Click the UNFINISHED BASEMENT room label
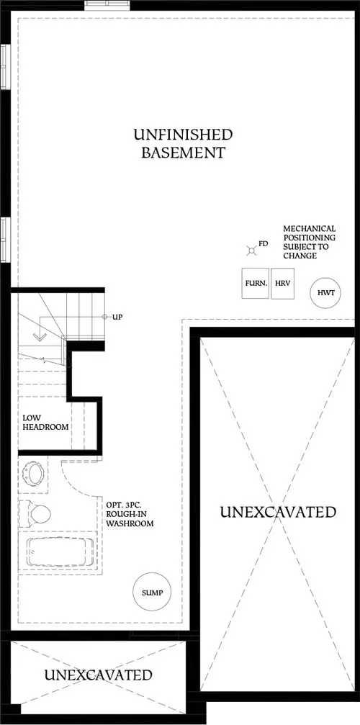point(182,143)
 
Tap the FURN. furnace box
point(256,284)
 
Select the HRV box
point(282,284)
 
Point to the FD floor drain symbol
point(251,250)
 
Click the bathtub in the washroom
point(60,551)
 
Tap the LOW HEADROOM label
point(45,422)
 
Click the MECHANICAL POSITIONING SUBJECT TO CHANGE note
point(309,242)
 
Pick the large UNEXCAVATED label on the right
point(277,512)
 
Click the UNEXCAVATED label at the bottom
point(98,675)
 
